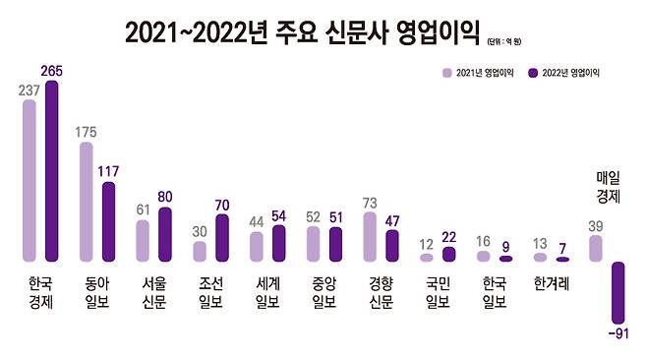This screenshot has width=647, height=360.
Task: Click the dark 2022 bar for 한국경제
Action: [51, 171]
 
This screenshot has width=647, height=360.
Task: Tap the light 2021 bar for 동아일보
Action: [86, 202]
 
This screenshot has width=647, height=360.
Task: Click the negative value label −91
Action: [618, 335]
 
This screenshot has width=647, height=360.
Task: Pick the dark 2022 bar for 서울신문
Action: [165, 234]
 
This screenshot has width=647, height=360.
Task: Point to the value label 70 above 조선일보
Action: [222, 205]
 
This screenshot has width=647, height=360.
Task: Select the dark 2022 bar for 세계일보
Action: [278, 243]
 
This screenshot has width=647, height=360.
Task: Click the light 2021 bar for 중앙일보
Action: [314, 244]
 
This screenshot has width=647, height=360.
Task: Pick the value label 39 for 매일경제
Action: [595, 225]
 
